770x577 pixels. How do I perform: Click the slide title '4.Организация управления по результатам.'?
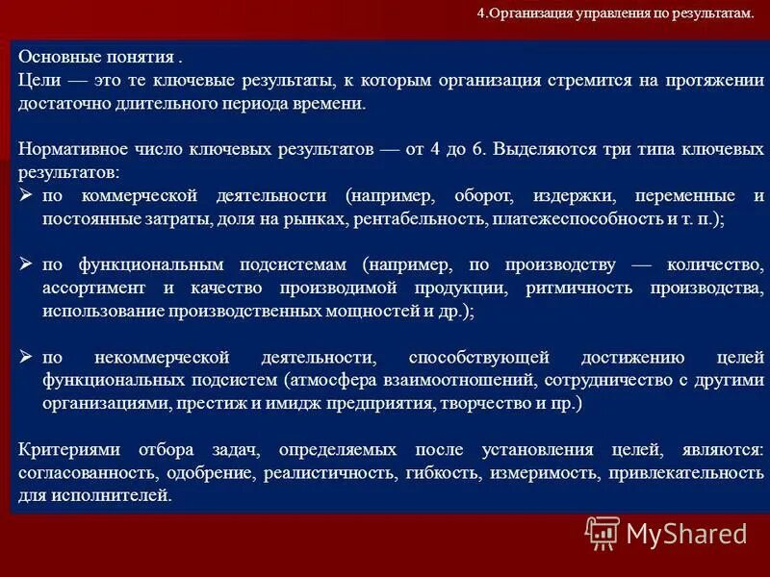614,14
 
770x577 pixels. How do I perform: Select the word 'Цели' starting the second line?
36,81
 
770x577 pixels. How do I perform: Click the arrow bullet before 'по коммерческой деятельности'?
27,195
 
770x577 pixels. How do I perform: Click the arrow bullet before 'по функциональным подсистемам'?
27,264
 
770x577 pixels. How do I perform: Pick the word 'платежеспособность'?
576,219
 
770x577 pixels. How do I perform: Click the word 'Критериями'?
62,450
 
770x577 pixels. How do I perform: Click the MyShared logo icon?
603,532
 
